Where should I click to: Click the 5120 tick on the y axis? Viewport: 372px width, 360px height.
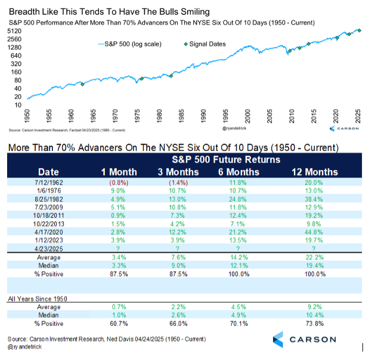tap(15, 30)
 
